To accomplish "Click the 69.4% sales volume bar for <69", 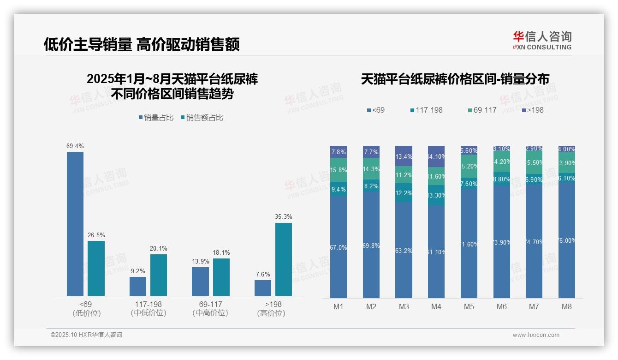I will (75, 224).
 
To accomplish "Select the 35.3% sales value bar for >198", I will (284, 259).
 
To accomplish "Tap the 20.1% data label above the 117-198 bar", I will (158, 249).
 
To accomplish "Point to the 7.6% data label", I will (263, 275).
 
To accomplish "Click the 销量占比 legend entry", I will (156, 118).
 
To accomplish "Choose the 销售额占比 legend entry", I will (202, 118).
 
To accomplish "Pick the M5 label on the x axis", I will (469, 306).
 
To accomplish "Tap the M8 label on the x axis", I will (567, 306).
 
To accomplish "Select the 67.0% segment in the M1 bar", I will (339, 247).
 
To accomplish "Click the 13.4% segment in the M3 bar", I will (404, 156).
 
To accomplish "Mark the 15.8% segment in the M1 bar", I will (339, 170).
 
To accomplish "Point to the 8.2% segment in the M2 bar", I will (371, 186).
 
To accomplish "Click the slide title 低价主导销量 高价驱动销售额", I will (142, 45).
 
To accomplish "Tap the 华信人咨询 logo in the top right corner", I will (542, 40).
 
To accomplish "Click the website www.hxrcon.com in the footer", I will (536, 335).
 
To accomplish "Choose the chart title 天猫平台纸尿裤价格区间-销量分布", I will (455, 79).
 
